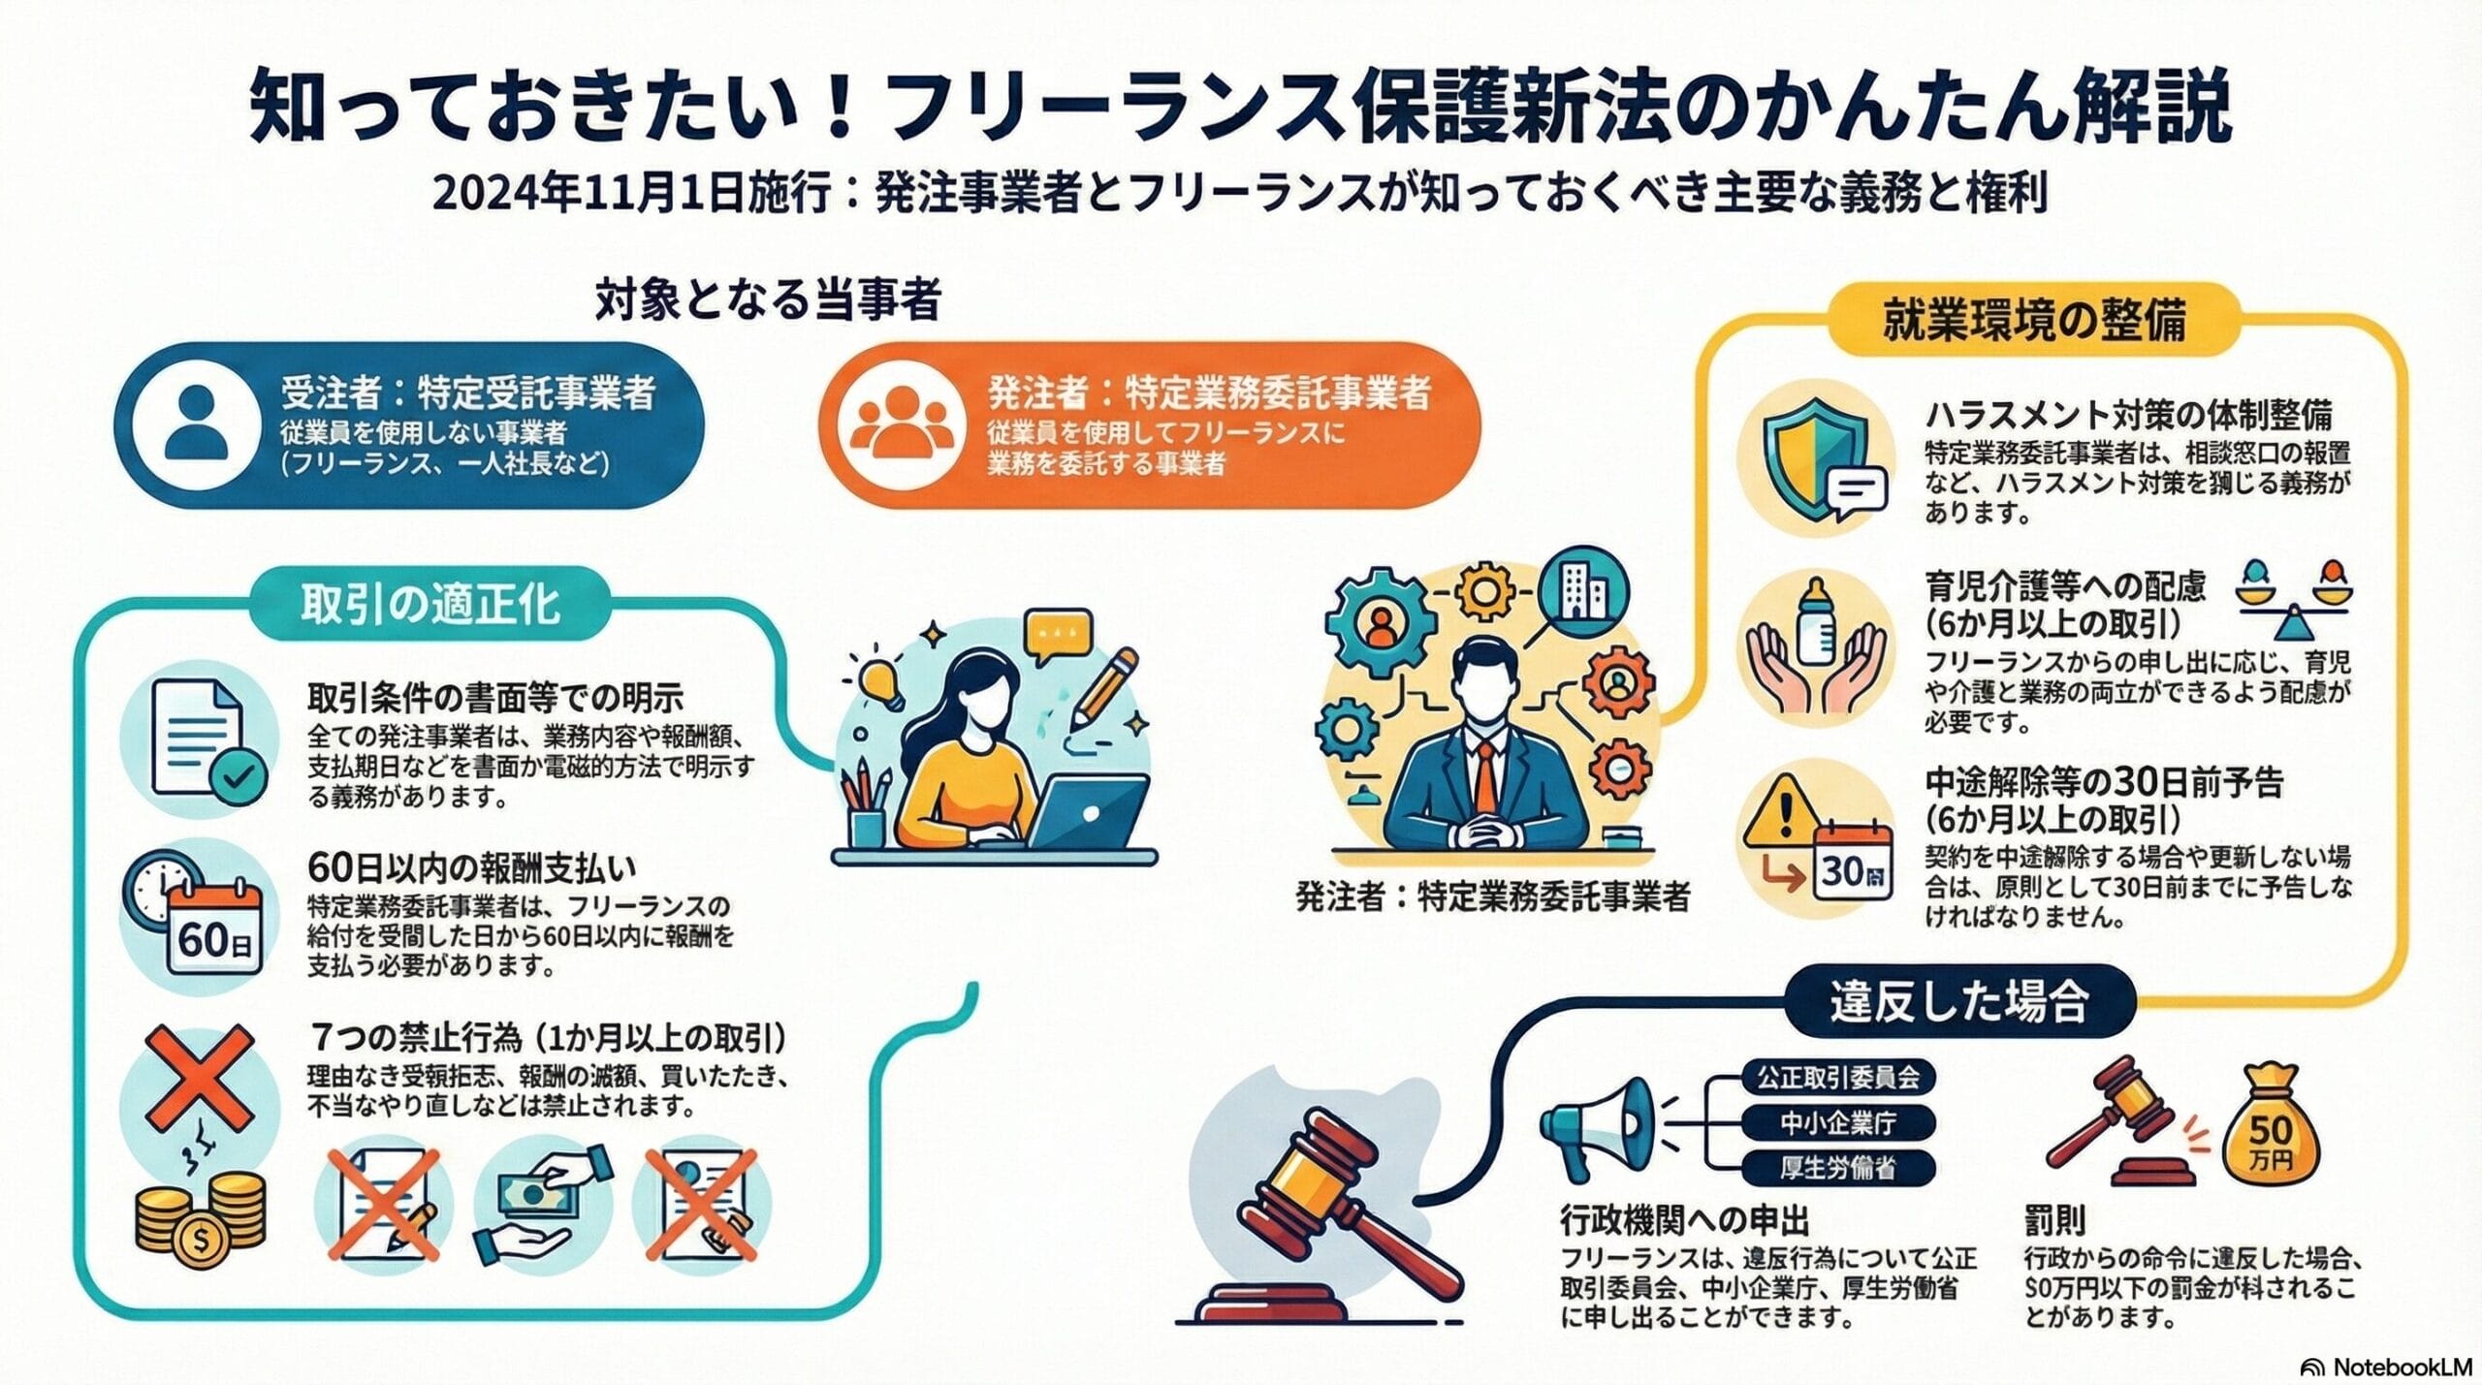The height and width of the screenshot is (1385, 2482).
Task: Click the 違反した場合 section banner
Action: (x=1958, y=1002)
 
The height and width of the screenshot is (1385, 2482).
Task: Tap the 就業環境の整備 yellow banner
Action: (x=2034, y=319)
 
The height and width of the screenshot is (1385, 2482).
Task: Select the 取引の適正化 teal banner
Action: (x=430, y=605)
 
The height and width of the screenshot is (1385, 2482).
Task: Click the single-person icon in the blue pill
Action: (x=197, y=424)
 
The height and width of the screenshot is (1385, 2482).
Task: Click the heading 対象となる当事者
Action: (x=768, y=301)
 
